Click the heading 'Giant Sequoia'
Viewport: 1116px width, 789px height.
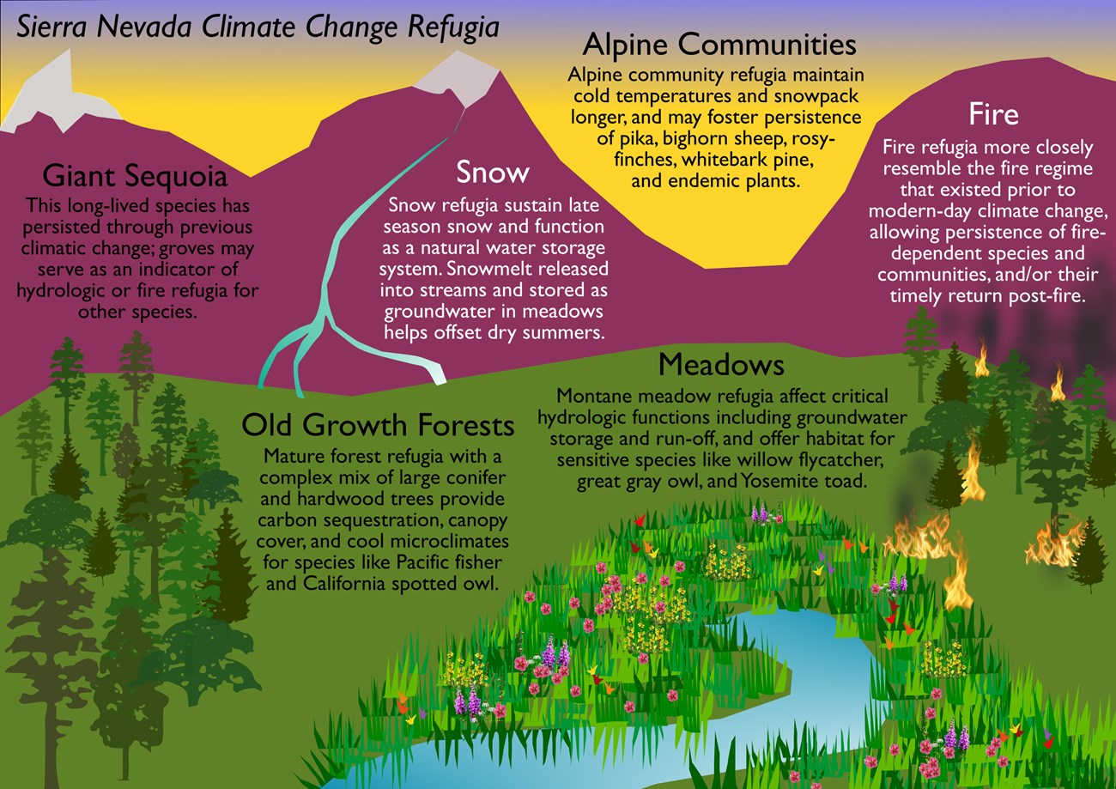click(135, 176)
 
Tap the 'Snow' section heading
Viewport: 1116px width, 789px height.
click(493, 173)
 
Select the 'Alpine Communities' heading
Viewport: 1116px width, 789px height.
click(719, 46)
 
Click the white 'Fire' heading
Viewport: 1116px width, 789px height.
click(993, 114)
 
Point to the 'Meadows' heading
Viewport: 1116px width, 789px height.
click(721, 365)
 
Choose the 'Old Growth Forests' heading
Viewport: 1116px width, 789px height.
click(378, 425)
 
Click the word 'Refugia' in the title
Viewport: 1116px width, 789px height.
click(453, 27)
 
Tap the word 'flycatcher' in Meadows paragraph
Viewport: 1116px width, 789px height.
click(841, 460)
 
